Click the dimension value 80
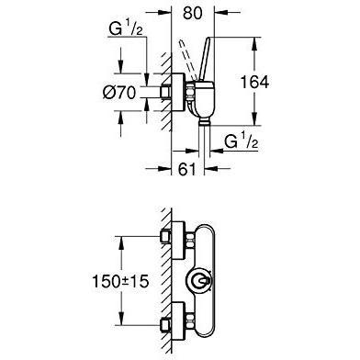pos(193,14)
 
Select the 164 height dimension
pos(254,82)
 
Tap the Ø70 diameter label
pos(119,92)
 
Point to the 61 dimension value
pos(186,169)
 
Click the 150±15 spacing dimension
pos(120,281)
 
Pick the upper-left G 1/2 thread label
pos(126,30)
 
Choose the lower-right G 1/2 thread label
pos(241,141)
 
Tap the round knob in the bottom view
pos(198,280)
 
